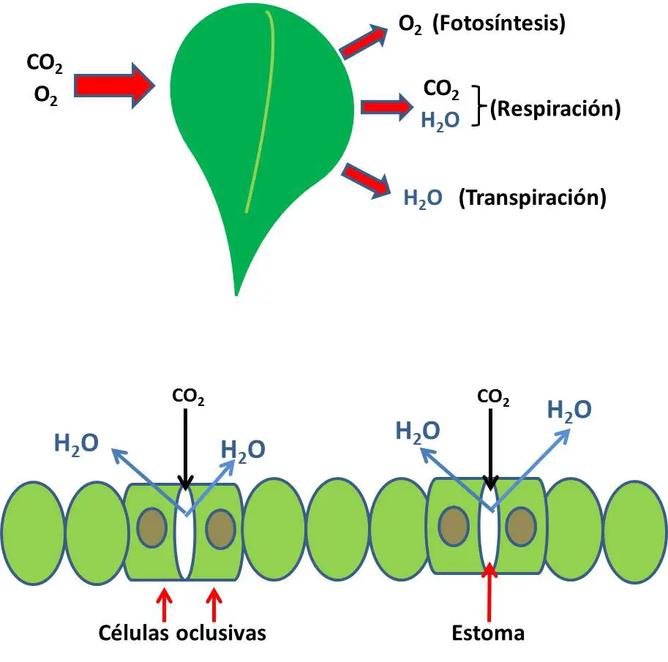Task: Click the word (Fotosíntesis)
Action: pyautogui.click(x=500, y=24)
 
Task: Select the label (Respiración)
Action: pyautogui.click(x=555, y=109)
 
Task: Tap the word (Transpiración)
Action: pyautogui.click(x=532, y=198)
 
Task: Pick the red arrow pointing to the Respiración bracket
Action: pyautogui.click(x=386, y=108)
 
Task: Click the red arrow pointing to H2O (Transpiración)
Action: pyautogui.click(x=368, y=180)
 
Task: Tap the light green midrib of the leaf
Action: pyautogui.click(x=264, y=110)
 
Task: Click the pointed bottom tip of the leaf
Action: pyautogui.click(x=236, y=289)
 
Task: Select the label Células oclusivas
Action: pyautogui.click(x=183, y=633)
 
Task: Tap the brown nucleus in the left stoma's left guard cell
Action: pyautogui.click(x=151, y=527)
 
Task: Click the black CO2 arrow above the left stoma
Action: pyautogui.click(x=186, y=446)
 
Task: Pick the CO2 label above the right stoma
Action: pyautogui.click(x=493, y=397)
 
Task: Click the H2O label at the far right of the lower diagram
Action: pyautogui.click(x=569, y=410)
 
